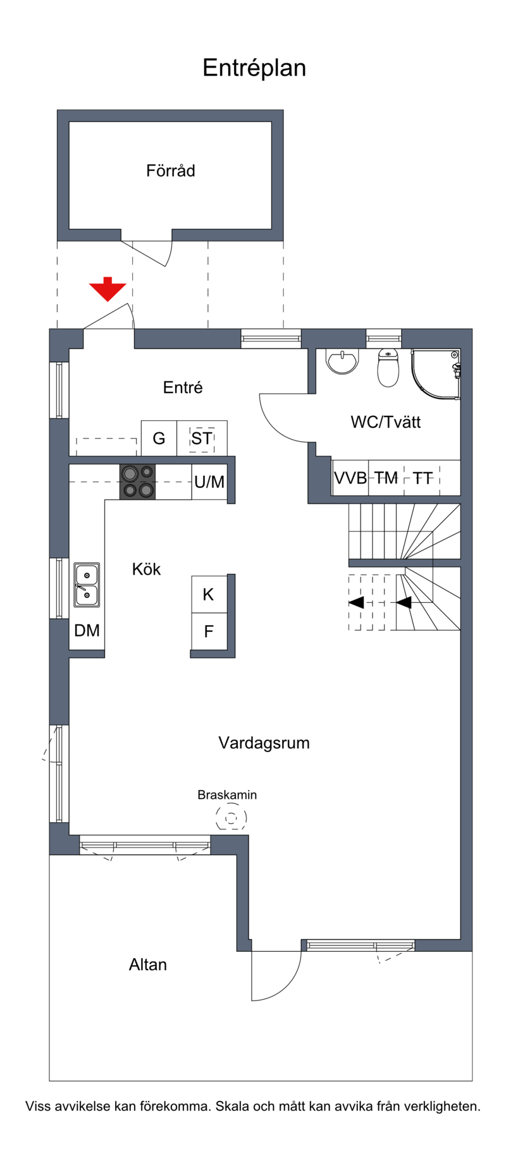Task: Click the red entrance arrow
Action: click(108, 290)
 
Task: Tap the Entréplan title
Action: click(254, 68)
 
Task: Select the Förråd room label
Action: click(171, 171)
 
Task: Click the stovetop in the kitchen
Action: click(138, 482)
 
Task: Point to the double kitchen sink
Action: click(87, 585)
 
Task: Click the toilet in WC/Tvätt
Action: click(388, 367)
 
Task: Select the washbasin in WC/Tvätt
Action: click(342, 361)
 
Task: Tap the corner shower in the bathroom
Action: click(436, 374)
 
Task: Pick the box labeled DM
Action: click(87, 630)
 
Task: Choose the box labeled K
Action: click(209, 594)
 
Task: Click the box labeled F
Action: click(209, 631)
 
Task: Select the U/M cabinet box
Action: click(209, 482)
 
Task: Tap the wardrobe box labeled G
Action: click(159, 438)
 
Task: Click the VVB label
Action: click(350, 478)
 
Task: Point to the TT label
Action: click(423, 478)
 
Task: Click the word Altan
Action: click(148, 964)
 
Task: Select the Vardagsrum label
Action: click(264, 743)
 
